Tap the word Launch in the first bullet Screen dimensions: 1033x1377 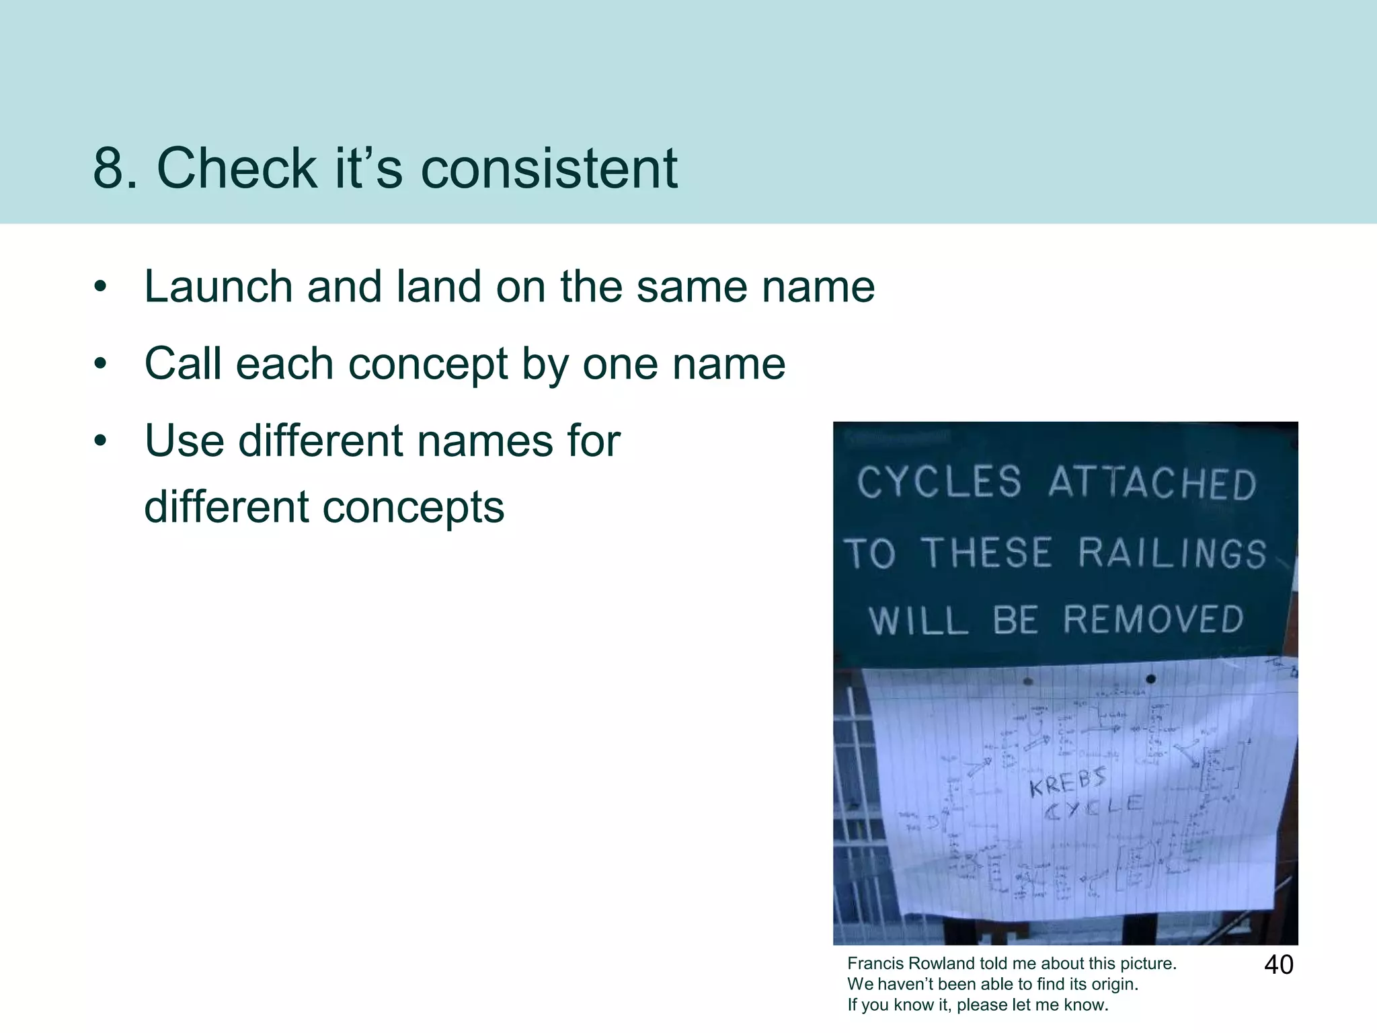pos(219,287)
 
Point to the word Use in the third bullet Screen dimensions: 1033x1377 pos(184,441)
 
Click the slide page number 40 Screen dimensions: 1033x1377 pos(1278,965)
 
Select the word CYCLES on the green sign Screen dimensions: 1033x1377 pos(939,482)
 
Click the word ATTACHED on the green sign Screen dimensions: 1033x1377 pos(1152,483)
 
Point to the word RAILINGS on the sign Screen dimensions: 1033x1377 pos(1172,553)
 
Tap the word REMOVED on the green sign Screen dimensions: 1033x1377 pos(1153,619)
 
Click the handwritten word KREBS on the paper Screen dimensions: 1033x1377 pos(1068,782)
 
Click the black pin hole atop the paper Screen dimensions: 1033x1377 pos(1150,679)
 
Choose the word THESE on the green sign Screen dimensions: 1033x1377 pos(986,553)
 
